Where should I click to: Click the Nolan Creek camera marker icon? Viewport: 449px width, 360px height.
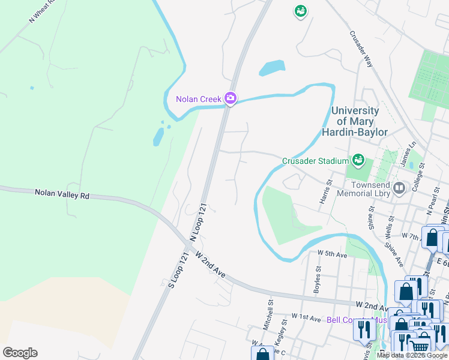tap(230, 98)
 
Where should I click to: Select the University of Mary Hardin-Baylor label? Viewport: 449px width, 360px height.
tap(359, 121)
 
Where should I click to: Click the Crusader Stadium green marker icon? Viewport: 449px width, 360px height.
tap(358, 160)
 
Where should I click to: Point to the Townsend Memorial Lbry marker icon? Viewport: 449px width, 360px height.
tap(399, 189)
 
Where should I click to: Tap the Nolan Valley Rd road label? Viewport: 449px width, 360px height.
tap(62, 194)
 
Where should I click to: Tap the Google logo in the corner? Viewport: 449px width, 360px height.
tap(20, 353)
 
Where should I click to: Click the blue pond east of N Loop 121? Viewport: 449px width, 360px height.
tap(272, 68)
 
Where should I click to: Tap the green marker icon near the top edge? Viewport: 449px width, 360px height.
tap(300, 11)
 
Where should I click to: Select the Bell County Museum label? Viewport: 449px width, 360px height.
tap(354, 320)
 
